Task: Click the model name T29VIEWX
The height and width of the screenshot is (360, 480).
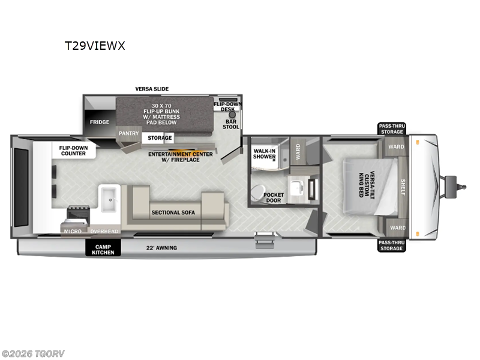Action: coord(95,45)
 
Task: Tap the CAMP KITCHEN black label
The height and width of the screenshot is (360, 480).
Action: coord(103,248)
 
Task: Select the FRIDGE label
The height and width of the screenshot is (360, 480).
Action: coord(100,122)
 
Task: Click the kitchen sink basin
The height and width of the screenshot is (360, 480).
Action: coord(110,199)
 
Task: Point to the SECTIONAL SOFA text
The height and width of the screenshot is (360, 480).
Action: coord(173,212)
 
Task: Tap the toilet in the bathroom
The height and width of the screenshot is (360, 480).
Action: coord(257,193)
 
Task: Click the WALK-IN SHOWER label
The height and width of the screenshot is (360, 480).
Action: coord(265,154)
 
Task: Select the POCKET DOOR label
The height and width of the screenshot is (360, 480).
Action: coord(274,198)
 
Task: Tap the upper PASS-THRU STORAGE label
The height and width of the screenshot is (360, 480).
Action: coord(392,128)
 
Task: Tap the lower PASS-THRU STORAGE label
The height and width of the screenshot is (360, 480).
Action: coord(392,245)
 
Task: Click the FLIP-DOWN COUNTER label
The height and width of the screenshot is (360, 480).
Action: coord(72,150)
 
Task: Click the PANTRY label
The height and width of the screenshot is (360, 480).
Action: coord(128,133)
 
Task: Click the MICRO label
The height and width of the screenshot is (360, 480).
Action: coord(73,231)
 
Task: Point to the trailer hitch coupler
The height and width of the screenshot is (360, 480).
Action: coord(451,182)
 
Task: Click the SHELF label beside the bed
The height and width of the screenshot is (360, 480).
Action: coord(403,187)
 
